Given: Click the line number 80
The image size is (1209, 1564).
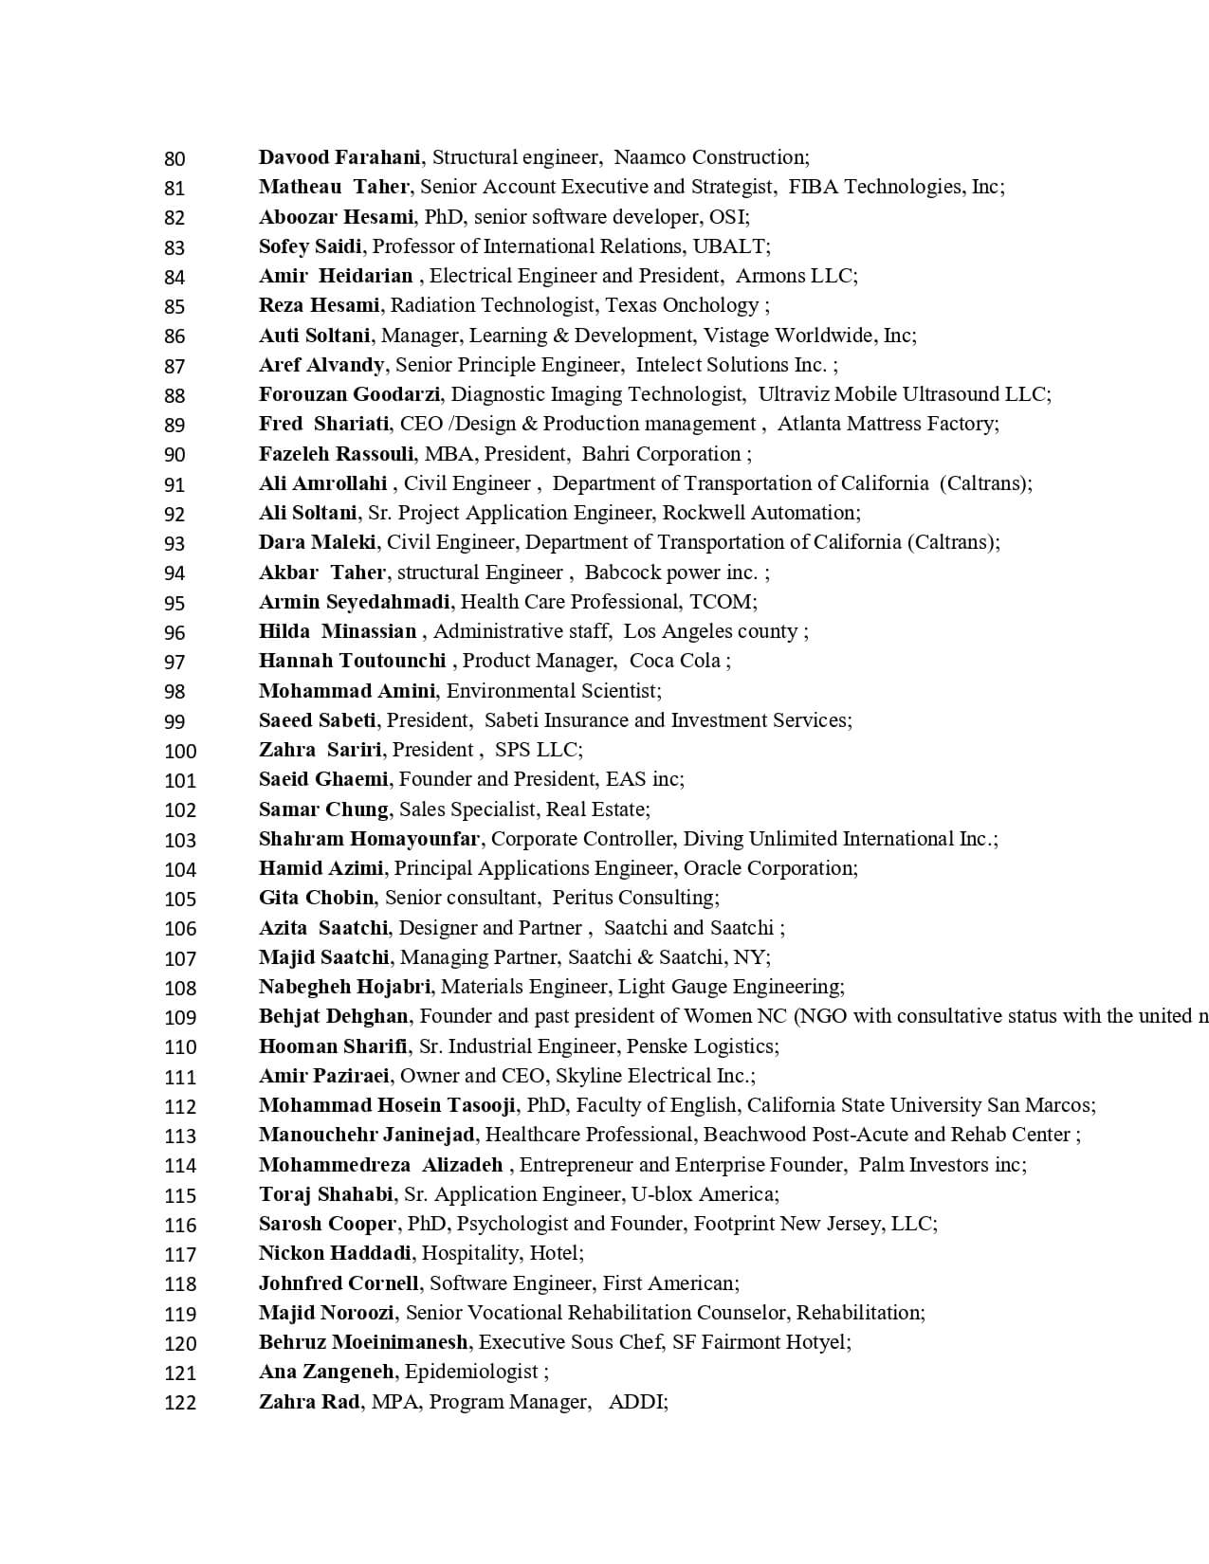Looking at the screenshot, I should [x=174, y=158].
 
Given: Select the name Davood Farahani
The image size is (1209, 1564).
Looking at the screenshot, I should [x=339, y=157].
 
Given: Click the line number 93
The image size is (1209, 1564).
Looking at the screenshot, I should [x=174, y=543].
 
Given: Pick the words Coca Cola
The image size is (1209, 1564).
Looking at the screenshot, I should [x=674, y=661].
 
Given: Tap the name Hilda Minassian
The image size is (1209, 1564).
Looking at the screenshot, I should [x=338, y=631].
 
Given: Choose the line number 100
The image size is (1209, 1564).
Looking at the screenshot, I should [x=180, y=751].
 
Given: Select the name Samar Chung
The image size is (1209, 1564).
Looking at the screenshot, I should [x=323, y=809].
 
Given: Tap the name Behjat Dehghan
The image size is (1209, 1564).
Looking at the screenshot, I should [x=334, y=1016].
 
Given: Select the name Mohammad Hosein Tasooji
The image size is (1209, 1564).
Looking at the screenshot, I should [x=387, y=1105].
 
